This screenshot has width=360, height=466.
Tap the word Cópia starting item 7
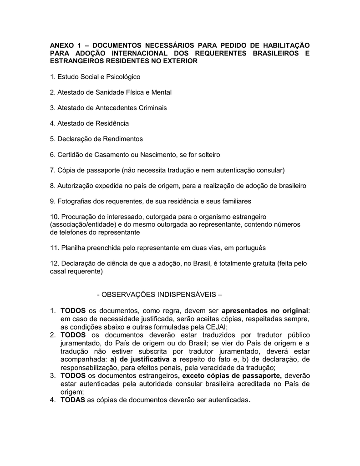66,170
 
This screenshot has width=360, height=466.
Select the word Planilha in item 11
73,248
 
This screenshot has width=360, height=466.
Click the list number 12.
54,263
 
